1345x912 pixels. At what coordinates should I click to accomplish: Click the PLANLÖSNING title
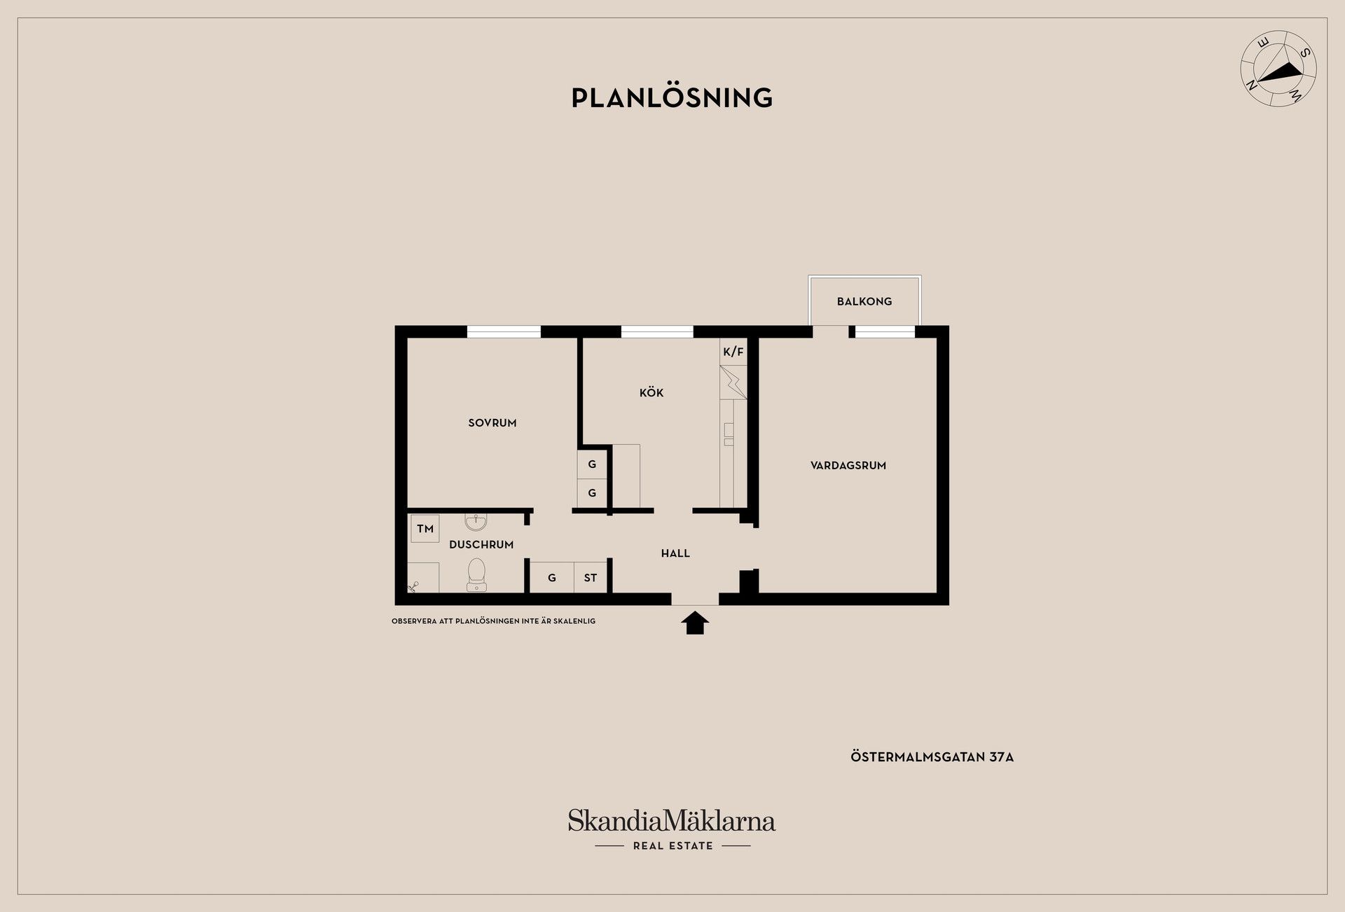point(672,97)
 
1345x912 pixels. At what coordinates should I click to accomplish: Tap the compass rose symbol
point(1278,69)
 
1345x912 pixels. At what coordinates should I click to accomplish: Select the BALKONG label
point(864,301)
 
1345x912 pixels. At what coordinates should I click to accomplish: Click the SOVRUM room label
point(492,423)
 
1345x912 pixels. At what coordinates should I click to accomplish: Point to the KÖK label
point(651,392)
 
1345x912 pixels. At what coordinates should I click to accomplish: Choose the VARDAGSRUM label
point(848,465)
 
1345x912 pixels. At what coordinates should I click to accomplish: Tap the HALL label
point(675,553)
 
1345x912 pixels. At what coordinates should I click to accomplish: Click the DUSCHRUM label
point(481,544)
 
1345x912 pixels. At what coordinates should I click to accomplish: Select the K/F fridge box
point(733,352)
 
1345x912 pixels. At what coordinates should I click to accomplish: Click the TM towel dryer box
point(425,529)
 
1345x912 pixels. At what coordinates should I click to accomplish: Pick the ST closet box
point(591,578)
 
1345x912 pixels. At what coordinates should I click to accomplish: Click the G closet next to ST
point(552,578)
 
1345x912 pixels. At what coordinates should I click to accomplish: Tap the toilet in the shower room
point(477,574)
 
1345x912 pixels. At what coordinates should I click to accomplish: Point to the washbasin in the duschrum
point(476,522)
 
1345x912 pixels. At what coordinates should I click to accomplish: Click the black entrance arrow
point(695,623)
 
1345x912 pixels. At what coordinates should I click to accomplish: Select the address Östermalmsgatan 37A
point(932,757)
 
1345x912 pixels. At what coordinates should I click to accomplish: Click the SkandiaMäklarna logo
point(672,820)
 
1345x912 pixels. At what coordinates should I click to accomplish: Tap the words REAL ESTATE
point(672,846)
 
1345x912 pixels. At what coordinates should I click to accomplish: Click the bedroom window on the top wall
point(504,332)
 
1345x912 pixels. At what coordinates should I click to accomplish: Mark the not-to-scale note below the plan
point(493,621)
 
